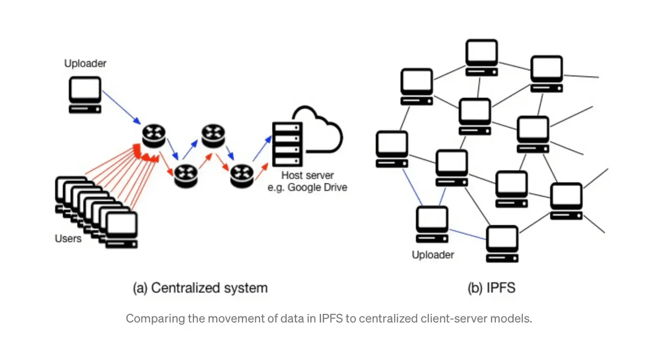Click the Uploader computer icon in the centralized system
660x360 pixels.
85,95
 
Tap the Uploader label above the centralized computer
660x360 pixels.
85,64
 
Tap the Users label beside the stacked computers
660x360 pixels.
68,238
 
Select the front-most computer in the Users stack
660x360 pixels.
122,230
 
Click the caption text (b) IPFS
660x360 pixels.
491,288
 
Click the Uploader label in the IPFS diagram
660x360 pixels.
433,255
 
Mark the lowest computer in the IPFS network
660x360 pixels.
502,244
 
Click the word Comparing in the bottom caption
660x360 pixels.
151,319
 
